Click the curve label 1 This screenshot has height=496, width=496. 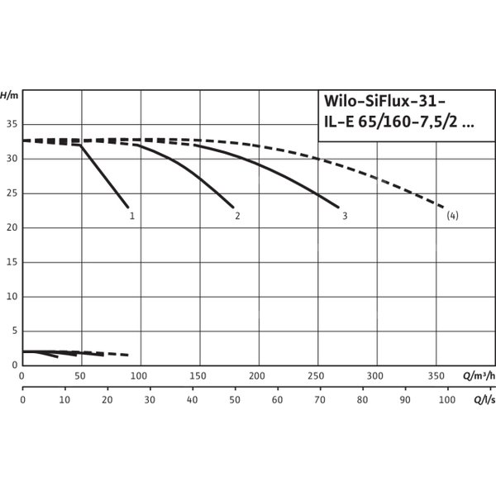(131, 217)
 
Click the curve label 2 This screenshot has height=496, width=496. (237, 217)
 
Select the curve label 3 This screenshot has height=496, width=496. (344, 217)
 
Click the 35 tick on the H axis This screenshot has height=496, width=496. (12, 124)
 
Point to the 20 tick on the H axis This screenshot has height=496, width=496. (12, 227)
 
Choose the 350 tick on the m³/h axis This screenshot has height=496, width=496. (436, 375)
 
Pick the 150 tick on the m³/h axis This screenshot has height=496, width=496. (200, 375)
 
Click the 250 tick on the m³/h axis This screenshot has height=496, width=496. (318, 375)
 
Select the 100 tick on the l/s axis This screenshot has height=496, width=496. (447, 400)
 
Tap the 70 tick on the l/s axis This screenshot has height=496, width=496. (319, 400)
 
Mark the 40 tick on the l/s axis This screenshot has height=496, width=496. (192, 400)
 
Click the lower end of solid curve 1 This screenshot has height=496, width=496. (128, 207)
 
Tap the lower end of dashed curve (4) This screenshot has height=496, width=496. (445, 207)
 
